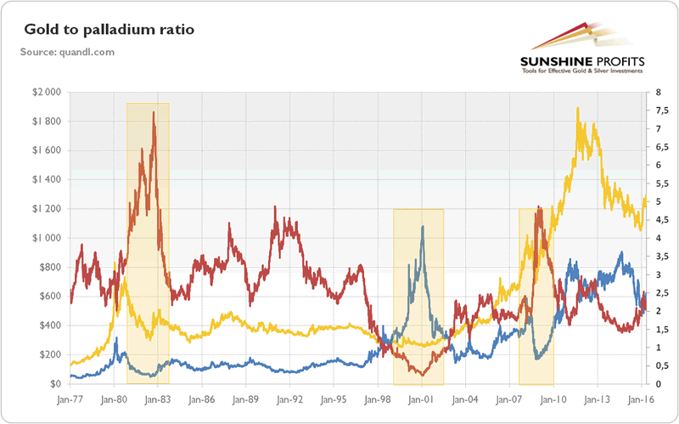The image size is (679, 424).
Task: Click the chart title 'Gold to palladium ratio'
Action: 109,31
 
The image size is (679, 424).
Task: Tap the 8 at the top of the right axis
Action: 648,92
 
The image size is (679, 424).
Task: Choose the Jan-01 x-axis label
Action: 423,398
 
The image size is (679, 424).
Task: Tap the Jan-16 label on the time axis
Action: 642,398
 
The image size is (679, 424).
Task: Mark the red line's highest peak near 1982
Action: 154,112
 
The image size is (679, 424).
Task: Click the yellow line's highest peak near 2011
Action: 578,108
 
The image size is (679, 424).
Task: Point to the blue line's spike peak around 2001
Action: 423,226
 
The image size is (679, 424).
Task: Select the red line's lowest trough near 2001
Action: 421,374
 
